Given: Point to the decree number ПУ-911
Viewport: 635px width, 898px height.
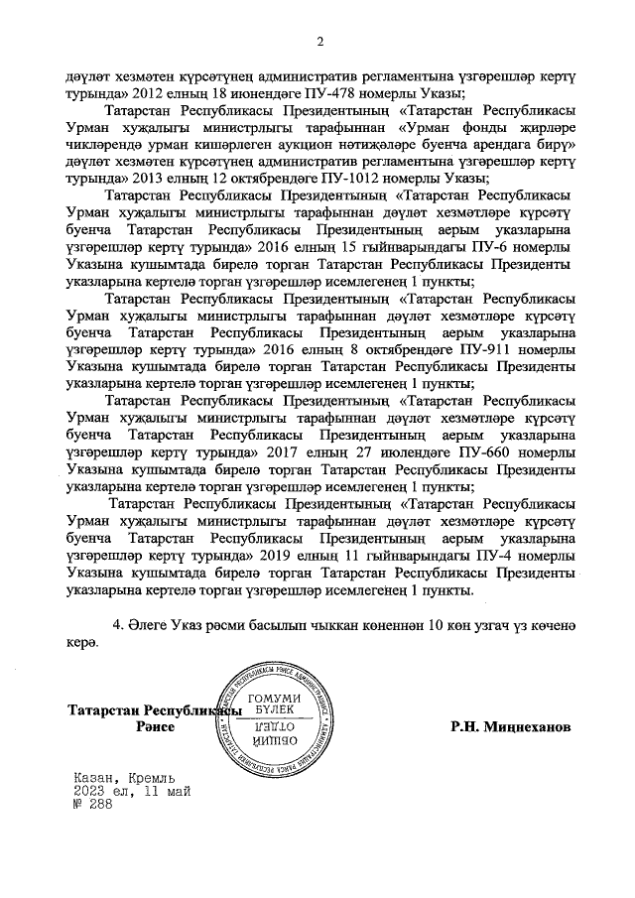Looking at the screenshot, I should point(485,350).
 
